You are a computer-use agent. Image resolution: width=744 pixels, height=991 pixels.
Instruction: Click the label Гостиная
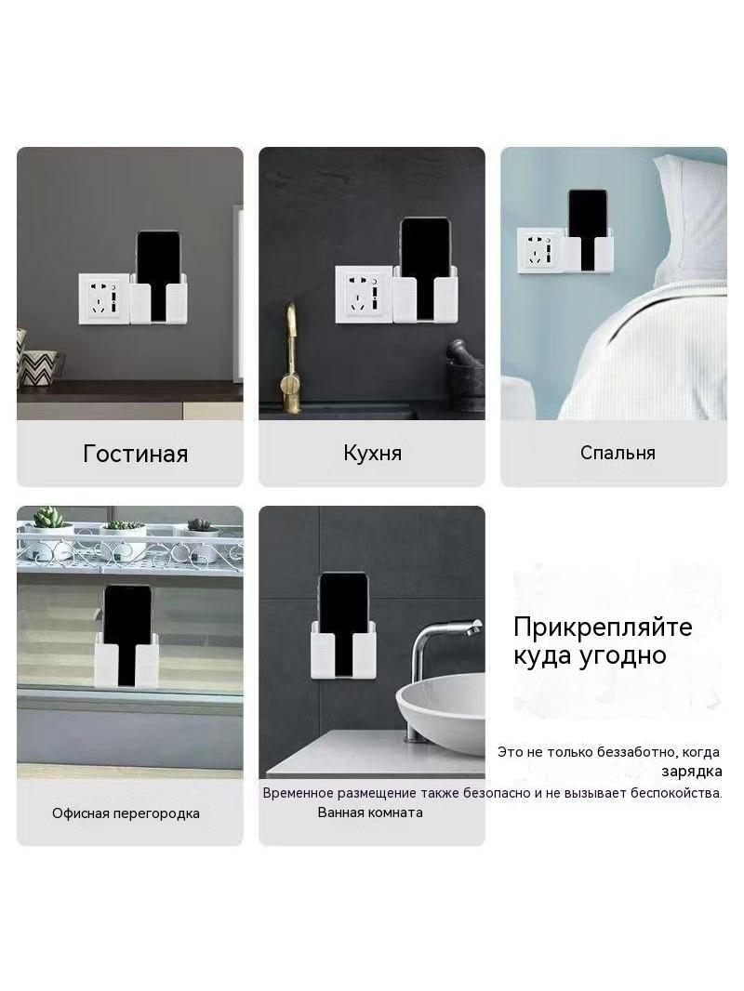tap(135, 454)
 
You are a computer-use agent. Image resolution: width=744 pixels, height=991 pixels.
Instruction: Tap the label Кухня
tap(372, 453)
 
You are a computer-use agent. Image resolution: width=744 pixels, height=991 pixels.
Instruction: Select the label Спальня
tap(618, 453)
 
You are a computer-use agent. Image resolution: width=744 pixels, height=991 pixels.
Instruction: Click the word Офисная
tap(80, 813)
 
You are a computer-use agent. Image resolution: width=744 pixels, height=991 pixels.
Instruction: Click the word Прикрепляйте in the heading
tap(603, 627)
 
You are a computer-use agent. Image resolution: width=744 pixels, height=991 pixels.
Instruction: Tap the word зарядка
tap(692, 772)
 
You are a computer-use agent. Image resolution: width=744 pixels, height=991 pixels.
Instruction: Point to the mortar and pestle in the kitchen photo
tap(465, 376)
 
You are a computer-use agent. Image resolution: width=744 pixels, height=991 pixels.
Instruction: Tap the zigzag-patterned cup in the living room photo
tap(40, 368)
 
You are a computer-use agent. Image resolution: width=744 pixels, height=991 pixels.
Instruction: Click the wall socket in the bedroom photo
tap(539, 250)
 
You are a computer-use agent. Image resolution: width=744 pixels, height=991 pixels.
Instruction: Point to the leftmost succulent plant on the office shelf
tap(48, 518)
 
